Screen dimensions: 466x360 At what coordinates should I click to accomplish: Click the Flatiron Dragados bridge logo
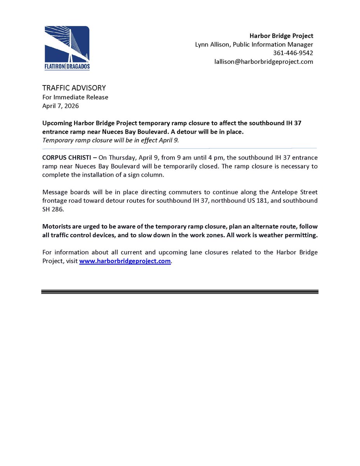[67, 48]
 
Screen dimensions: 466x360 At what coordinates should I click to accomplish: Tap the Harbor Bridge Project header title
[282, 36]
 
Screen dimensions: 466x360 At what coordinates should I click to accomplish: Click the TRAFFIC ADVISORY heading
[74, 88]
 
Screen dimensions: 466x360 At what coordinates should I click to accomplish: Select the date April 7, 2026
[61, 106]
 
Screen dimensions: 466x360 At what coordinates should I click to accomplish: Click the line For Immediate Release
[75, 97]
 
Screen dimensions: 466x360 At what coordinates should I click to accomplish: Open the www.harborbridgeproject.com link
[125, 261]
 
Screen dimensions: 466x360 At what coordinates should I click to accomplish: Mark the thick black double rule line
[180, 292]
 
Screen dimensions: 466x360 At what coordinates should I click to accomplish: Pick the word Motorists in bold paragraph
[57, 226]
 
